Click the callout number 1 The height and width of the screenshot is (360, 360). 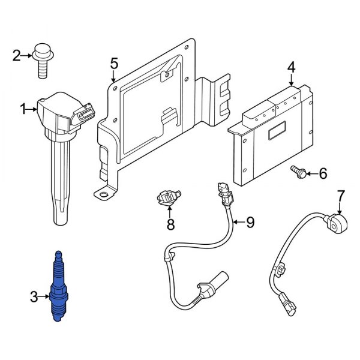point(24,109)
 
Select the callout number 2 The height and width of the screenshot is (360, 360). point(17,56)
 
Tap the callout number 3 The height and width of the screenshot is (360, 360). point(34,295)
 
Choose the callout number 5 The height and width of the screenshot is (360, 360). point(114,63)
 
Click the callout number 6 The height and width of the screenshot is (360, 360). point(323,174)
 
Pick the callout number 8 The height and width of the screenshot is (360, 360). point(170,225)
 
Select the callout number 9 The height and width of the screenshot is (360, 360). point(250,223)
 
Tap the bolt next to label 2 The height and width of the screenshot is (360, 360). point(44,60)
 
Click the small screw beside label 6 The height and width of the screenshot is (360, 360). point(298,172)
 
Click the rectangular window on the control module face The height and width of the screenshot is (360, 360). point(277,131)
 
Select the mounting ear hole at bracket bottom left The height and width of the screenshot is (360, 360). point(106,193)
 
